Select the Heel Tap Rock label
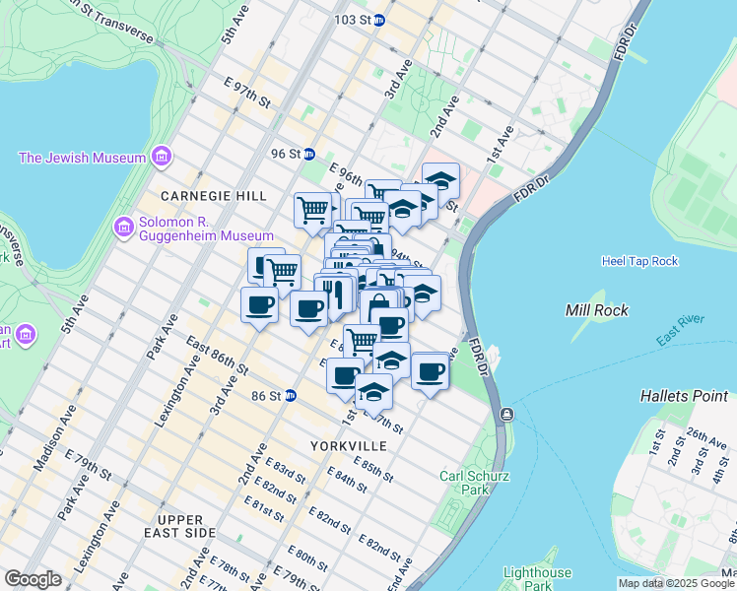(639, 261)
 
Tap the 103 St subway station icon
(378, 20)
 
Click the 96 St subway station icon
(308, 154)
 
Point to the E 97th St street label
(247, 95)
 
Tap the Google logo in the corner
(33, 579)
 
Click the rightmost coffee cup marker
(430, 371)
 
